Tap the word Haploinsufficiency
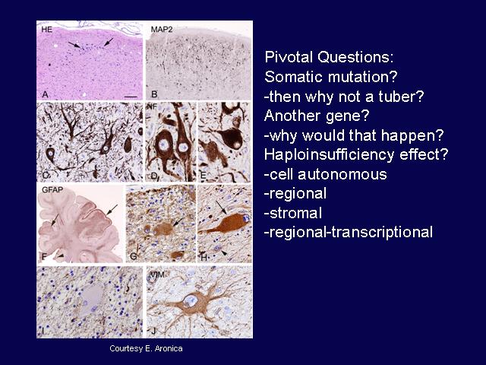[x=329, y=155]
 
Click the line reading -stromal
[x=293, y=213]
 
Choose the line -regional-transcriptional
[x=349, y=233]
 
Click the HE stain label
[x=47, y=30]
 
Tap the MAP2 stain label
[x=162, y=30]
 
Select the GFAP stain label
[x=52, y=190]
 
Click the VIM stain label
[x=157, y=274]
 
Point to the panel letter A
[x=46, y=94]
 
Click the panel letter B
[x=154, y=94]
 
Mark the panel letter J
[x=153, y=332]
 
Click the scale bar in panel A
[x=131, y=97]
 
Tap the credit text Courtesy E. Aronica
[x=146, y=348]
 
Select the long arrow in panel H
[x=222, y=208]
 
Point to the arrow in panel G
[x=178, y=222]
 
